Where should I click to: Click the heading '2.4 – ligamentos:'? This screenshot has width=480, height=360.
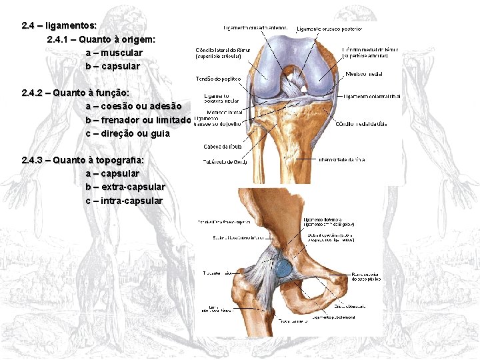point(59,25)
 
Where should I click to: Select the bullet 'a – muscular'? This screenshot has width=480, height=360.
point(114,53)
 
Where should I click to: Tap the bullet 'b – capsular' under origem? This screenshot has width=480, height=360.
point(113,66)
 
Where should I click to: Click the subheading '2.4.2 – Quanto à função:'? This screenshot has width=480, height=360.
point(75,93)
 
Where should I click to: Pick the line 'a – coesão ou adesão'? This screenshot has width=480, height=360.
point(133,106)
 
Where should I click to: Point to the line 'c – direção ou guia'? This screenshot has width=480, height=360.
point(127,133)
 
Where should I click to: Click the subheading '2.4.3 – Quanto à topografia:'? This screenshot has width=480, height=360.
point(83,160)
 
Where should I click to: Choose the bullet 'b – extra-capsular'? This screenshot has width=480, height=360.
point(125,187)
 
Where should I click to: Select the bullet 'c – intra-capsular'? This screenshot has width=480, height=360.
point(124,201)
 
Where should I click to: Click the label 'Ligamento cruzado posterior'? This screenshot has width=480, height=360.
point(329,29)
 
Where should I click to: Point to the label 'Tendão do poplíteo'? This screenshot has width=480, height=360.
point(213,79)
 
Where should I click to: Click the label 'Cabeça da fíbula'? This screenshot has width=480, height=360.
point(219,146)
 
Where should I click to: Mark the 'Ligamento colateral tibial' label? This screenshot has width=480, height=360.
point(373,96)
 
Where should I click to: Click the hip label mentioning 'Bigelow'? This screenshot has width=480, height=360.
point(329,223)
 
